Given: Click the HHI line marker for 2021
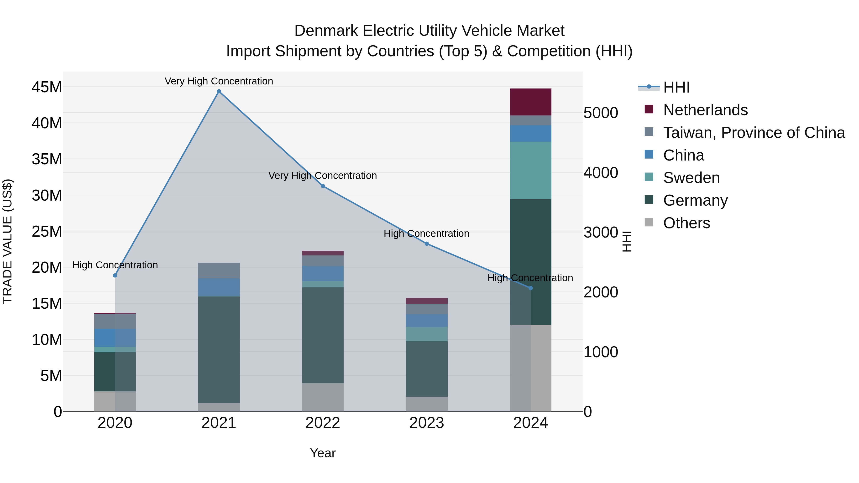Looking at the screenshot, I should click(x=219, y=91).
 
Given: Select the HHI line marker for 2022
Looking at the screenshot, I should click(x=323, y=186).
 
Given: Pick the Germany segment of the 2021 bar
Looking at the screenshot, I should click(x=219, y=349).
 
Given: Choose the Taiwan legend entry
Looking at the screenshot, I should click(x=754, y=133).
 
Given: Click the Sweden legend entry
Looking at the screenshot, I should click(x=691, y=178).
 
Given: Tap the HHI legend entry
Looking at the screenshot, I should click(x=676, y=87).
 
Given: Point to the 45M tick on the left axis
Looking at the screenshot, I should click(x=47, y=87).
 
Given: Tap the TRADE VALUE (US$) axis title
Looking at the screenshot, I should click(x=7, y=241).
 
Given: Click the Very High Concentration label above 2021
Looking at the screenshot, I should click(x=219, y=81).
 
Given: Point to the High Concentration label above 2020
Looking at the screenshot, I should click(x=115, y=265).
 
